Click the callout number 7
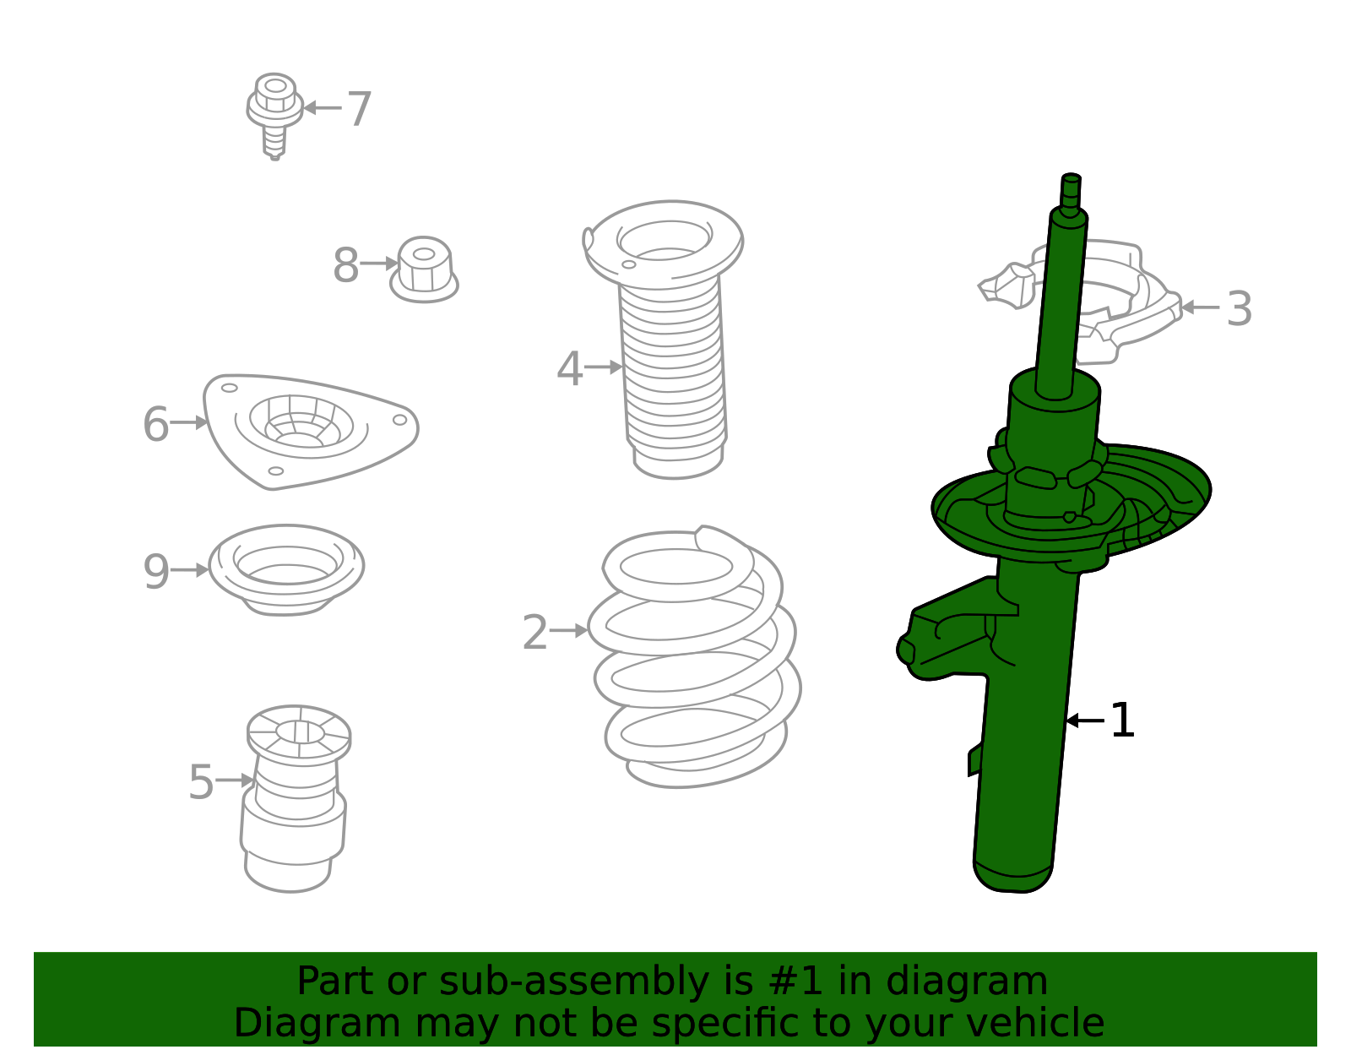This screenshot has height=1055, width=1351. (359, 110)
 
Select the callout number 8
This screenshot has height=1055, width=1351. (346, 265)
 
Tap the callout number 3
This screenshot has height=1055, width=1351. (1239, 308)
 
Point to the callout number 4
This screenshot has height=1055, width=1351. (569, 368)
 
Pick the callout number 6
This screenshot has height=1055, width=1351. (155, 424)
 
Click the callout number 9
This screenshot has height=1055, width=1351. (155, 571)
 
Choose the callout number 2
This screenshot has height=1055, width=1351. (534, 633)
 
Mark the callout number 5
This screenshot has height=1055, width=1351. (201, 781)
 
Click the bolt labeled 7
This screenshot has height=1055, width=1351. (274, 116)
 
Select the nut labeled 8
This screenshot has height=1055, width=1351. (424, 269)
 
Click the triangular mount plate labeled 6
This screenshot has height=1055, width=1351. (310, 432)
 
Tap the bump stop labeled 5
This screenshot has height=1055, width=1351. (296, 799)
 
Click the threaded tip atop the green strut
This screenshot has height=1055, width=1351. (1071, 192)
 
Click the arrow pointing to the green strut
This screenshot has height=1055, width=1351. (1085, 721)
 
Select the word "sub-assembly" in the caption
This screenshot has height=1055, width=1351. (574, 982)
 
